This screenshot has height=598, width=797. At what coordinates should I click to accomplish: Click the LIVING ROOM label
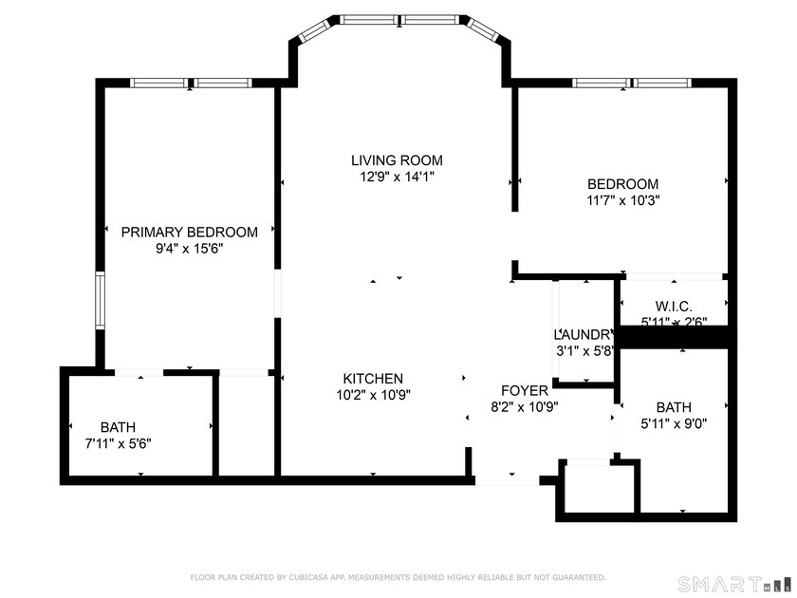coord(397,160)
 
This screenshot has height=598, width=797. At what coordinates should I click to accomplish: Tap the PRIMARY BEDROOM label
coord(189,233)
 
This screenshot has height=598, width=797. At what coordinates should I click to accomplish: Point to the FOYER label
coord(524,390)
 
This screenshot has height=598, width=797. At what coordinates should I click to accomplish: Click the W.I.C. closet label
coord(673,307)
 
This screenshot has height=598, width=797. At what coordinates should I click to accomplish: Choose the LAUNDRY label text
coord(584,335)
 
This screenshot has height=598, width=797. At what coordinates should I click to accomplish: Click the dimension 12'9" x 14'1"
coord(397,177)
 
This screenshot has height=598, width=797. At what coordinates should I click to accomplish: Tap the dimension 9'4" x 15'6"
coord(189,249)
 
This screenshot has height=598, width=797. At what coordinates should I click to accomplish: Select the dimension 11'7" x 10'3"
coord(622,200)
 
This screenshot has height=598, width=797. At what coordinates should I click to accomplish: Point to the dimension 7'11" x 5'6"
coord(118,442)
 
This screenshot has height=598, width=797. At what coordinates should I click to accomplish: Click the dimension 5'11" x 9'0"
coord(673,425)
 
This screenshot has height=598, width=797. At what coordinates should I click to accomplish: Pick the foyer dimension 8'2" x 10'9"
coord(524,406)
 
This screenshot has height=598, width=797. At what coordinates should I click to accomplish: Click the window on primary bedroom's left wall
coord(99,301)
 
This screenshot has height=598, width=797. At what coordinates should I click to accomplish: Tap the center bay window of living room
coord(398,19)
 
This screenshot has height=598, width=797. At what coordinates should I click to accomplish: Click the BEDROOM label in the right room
coord(622,184)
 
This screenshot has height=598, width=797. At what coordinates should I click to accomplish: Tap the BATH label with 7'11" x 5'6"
coord(118,426)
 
